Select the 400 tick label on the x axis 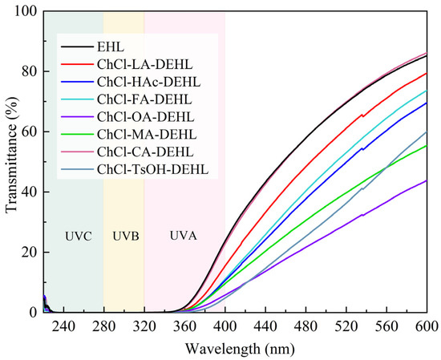coord(225,327)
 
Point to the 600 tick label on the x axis coord(425,327)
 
